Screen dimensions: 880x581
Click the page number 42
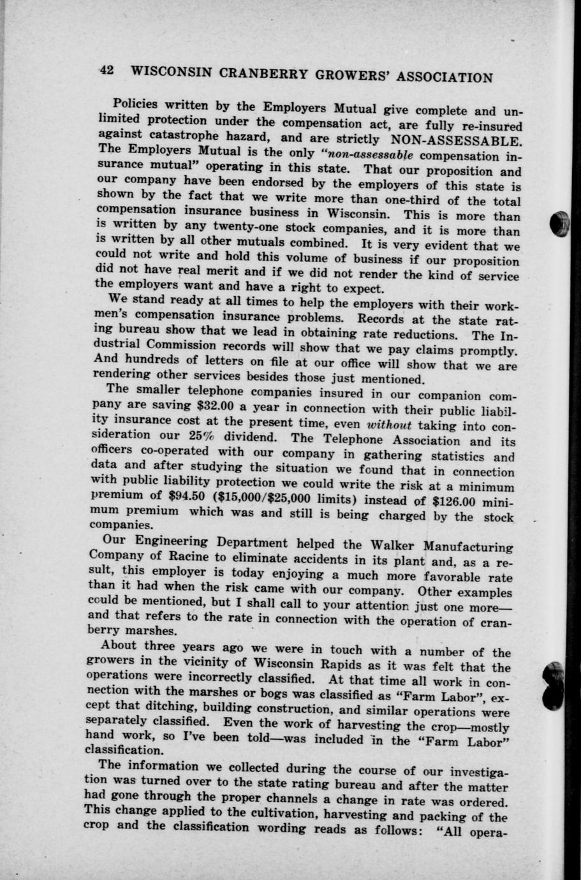(x=107, y=70)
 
